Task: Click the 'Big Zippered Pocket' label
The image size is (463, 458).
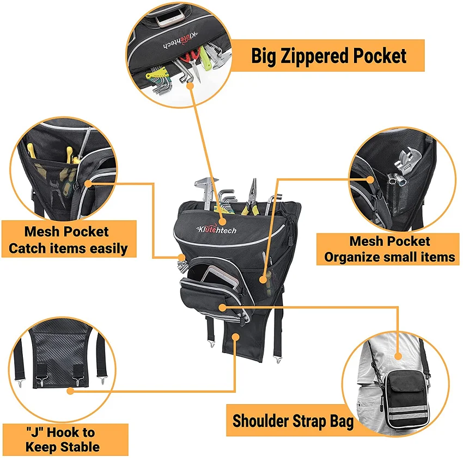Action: (x=328, y=55)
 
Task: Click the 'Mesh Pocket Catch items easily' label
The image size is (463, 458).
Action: (x=68, y=240)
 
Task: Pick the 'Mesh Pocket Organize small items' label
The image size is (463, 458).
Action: (x=389, y=249)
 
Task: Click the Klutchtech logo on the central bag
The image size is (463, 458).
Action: (x=218, y=229)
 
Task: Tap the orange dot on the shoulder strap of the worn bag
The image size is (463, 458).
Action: (x=399, y=356)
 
